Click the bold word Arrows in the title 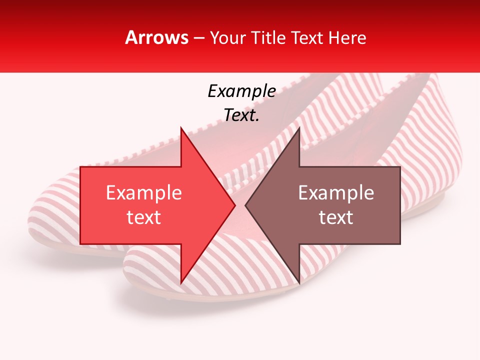click(157, 37)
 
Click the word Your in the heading click(227, 37)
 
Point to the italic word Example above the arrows click(241, 91)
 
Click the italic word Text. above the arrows click(241, 115)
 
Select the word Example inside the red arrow click(143, 193)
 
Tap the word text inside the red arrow click(143, 217)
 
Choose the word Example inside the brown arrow click(336, 193)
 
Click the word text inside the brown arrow click(336, 217)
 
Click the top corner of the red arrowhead click(181, 127)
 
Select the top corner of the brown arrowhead click(299, 127)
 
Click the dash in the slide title click(198, 38)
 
